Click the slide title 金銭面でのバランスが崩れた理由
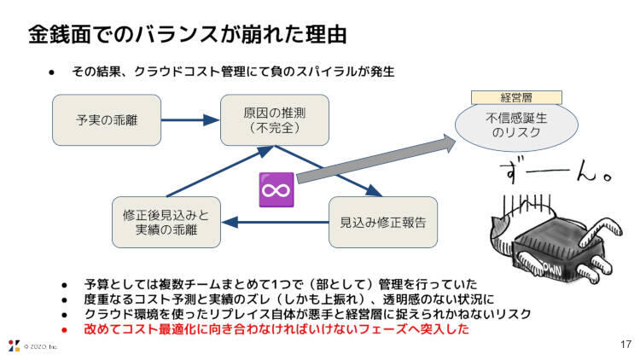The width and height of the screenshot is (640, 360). click(187, 36)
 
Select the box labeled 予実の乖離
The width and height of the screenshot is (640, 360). click(107, 119)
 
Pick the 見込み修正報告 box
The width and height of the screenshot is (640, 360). click(383, 223)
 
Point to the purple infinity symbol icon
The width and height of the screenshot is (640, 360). click(276, 189)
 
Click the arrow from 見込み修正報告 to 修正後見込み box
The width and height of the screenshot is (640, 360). click(274, 224)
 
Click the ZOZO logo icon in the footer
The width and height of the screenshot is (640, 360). click(13, 345)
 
